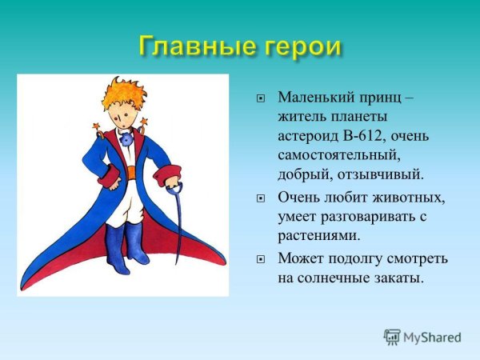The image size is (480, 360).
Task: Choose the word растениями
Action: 319,235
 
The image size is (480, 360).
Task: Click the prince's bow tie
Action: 125,138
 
